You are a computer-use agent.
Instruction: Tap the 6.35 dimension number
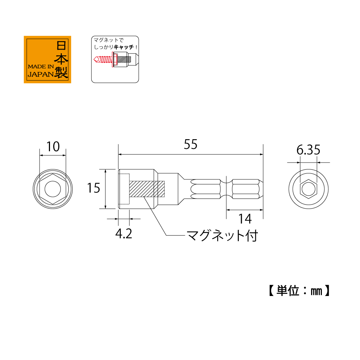click(x=308, y=150)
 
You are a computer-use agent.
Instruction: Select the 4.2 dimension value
click(x=124, y=234)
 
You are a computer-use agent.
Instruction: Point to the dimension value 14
click(x=244, y=218)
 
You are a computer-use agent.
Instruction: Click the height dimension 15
click(x=94, y=188)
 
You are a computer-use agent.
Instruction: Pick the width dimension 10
click(x=53, y=146)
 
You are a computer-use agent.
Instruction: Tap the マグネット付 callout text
click(x=222, y=236)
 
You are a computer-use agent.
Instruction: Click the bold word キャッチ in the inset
click(x=124, y=47)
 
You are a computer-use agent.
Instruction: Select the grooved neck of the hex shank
click(x=226, y=189)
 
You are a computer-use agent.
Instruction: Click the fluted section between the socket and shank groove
click(x=205, y=189)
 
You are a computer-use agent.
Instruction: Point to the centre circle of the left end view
click(x=53, y=189)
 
